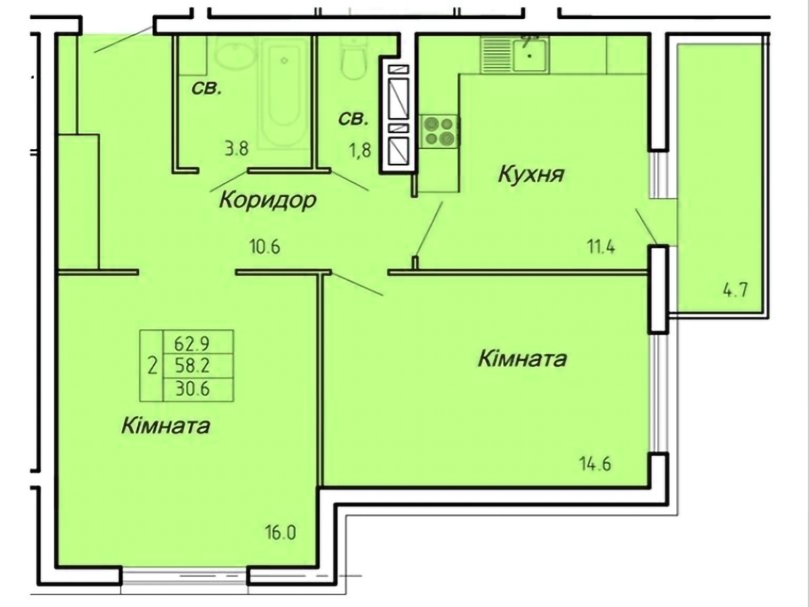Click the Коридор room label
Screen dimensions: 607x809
[268, 200]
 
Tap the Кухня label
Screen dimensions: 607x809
[531, 175]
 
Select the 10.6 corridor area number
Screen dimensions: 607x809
[262, 247]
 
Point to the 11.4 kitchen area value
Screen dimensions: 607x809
[601, 247]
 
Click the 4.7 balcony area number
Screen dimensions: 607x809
[736, 291]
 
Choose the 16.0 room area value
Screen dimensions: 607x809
[280, 533]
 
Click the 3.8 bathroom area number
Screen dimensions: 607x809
[236, 149]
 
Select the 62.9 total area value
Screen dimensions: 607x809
[192, 343]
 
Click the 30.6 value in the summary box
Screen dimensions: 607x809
[192, 388]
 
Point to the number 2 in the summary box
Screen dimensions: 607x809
[153, 366]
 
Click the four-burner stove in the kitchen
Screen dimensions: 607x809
[440, 130]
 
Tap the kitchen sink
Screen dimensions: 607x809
[531, 54]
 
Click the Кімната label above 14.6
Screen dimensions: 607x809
[521, 358]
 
